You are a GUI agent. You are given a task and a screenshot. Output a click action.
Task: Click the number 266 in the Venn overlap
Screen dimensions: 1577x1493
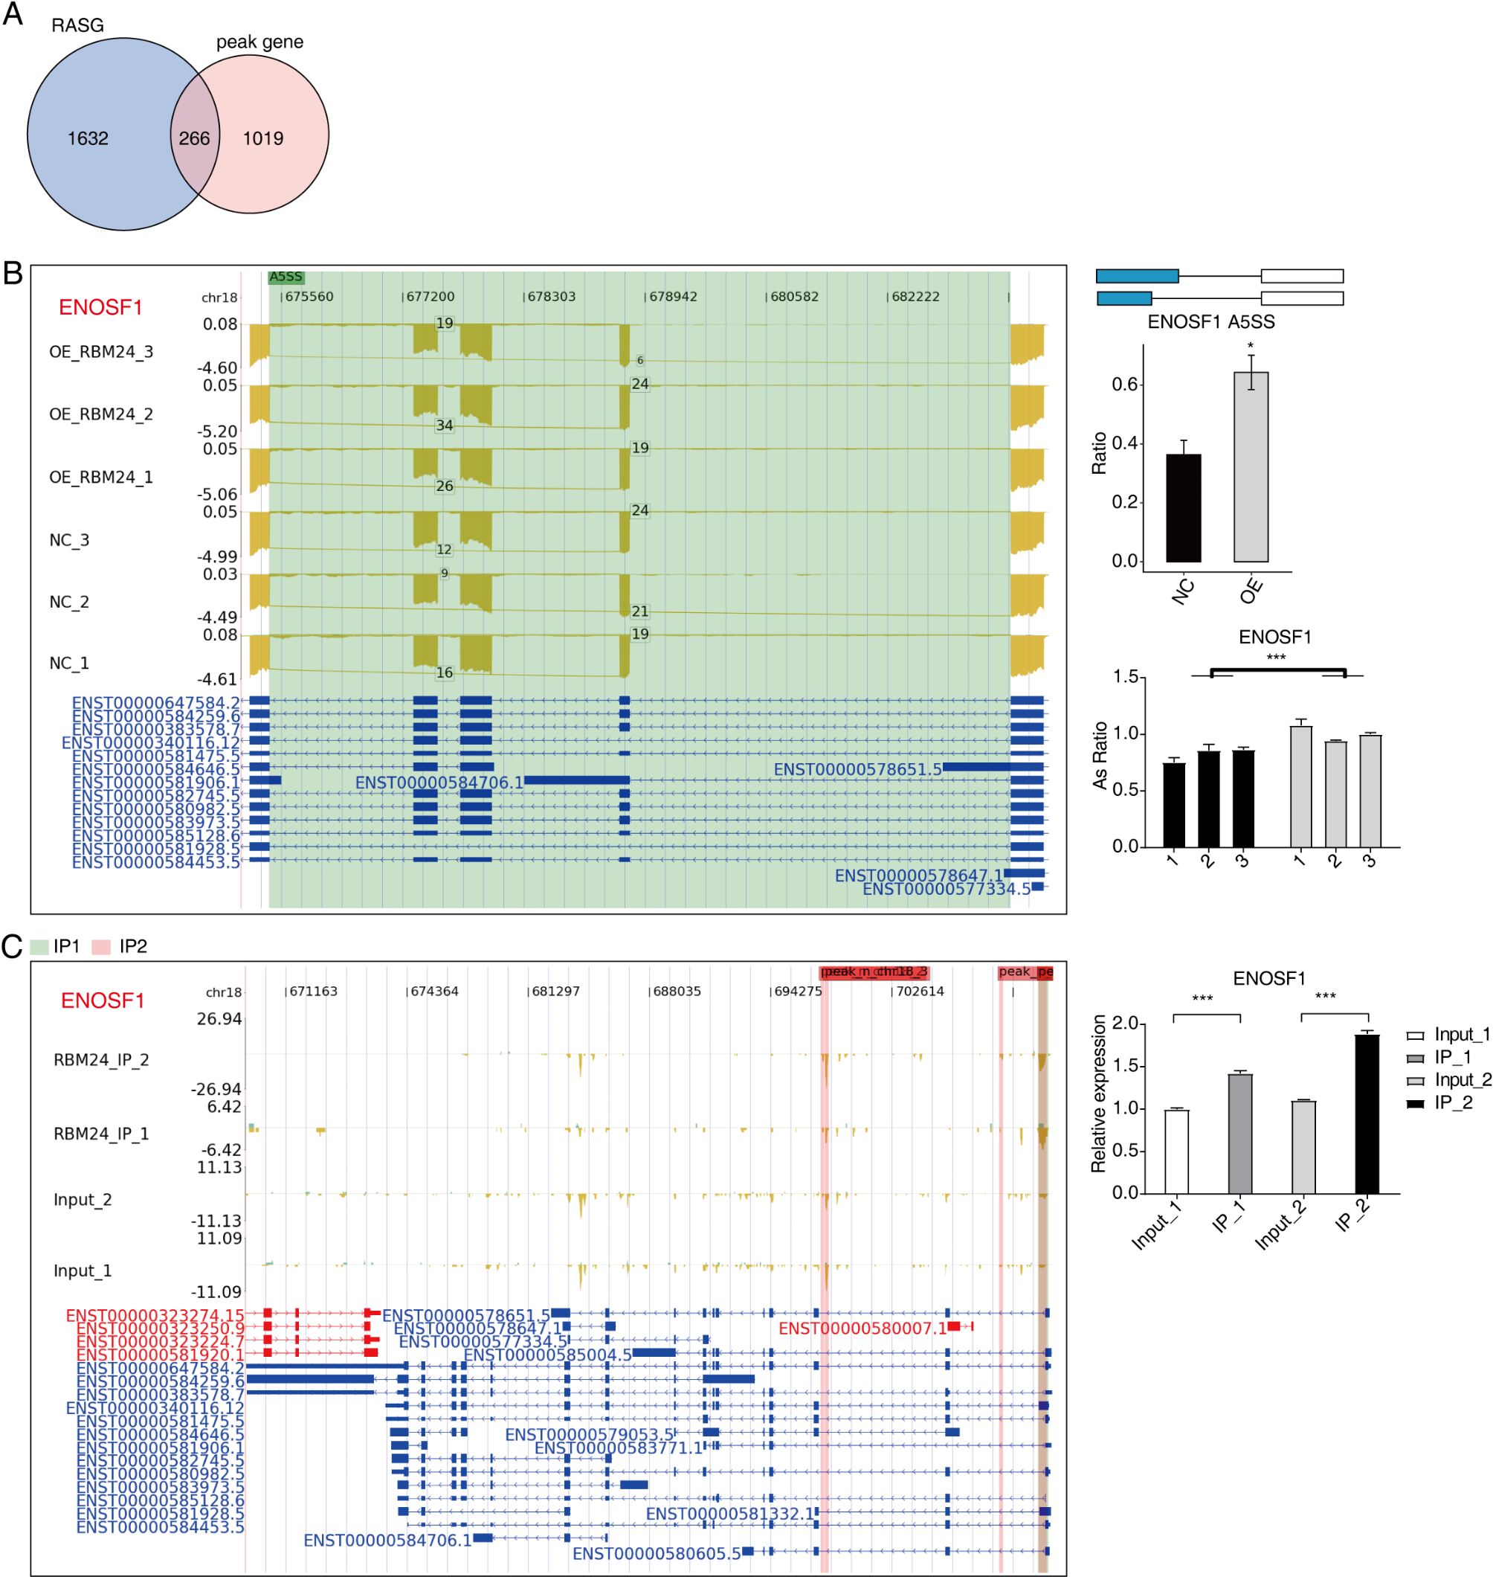point(194,138)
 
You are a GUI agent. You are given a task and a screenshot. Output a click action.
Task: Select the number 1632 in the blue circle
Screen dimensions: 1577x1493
point(88,138)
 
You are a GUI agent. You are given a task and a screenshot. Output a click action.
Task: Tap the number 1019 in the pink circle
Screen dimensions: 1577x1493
point(263,138)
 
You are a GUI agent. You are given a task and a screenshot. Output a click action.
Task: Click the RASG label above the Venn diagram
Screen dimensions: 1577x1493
point(78,25)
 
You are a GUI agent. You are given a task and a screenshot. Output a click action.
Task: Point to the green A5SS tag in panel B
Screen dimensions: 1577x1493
point(286,277)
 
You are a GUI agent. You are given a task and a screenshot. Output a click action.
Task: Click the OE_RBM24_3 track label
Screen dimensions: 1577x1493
point(101,352)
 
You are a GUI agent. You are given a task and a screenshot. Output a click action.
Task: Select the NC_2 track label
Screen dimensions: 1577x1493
point(69,602)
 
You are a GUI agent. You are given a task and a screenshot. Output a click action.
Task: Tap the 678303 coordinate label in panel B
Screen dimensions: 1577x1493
point(551,297)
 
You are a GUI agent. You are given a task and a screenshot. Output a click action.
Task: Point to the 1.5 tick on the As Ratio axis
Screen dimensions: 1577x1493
point(1124,677)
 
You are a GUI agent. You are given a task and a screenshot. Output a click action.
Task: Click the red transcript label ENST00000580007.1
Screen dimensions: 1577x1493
point(862,1328)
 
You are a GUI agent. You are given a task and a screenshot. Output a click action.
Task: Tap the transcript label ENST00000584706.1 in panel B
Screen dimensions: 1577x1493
point(439,783)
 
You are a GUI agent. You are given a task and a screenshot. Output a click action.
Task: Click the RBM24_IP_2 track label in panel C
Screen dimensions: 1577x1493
point(101,1059)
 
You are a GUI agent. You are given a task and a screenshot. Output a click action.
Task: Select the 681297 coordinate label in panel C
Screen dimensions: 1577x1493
point(555,991)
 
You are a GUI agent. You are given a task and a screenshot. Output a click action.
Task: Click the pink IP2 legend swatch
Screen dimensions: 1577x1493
point(101,946)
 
